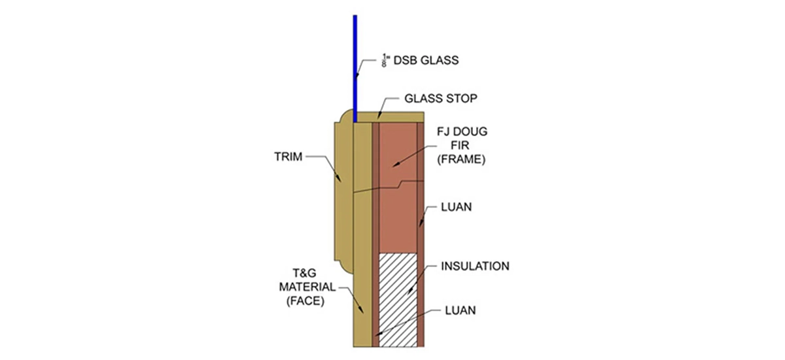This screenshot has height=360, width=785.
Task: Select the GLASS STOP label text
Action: tap(440, 99)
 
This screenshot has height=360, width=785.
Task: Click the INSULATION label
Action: tap(475, 266)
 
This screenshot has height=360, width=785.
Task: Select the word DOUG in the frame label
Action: tap(471, 132)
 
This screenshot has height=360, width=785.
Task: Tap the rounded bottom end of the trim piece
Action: tap(342, 267)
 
